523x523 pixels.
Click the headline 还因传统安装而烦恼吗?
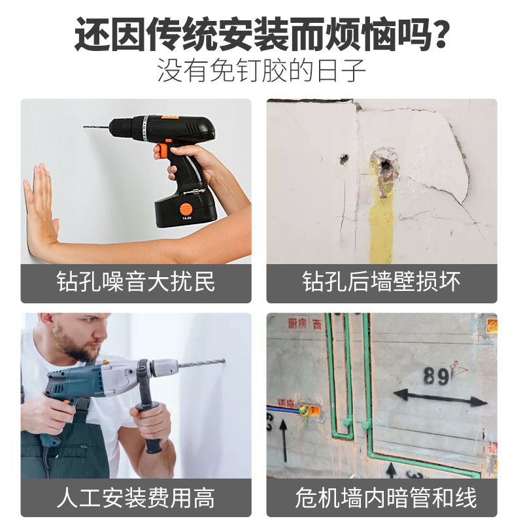point(261,34)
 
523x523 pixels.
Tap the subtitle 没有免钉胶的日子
point(261,71)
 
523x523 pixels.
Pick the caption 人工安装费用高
point(136,499)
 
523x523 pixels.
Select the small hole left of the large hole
point(344,158)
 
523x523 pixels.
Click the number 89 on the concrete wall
point(436,376)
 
